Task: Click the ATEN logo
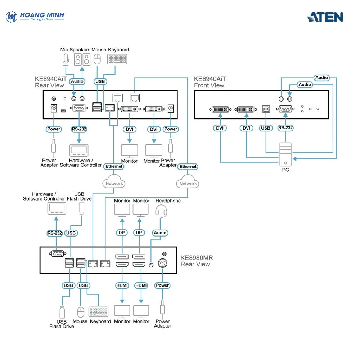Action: pos(325,17)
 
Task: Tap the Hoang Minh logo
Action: pos(35,17)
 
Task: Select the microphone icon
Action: pos(66,60)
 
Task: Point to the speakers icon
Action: pos(82,59)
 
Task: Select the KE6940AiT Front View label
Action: pos(209,82)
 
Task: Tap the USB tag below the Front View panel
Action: pos(266,128)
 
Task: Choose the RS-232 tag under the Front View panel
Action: pos(285,128)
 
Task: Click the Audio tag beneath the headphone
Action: pos(160,233)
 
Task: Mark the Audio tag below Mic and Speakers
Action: pos(77,81)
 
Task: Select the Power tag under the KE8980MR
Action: pos(162,285)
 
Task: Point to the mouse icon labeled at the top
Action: pos(97,59)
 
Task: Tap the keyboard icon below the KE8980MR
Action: pos(99,312)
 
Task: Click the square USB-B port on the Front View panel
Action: pos(266,109)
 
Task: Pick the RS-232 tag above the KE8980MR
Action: pos(55,233)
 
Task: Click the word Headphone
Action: pos(168,201)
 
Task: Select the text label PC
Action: pos(285,170)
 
